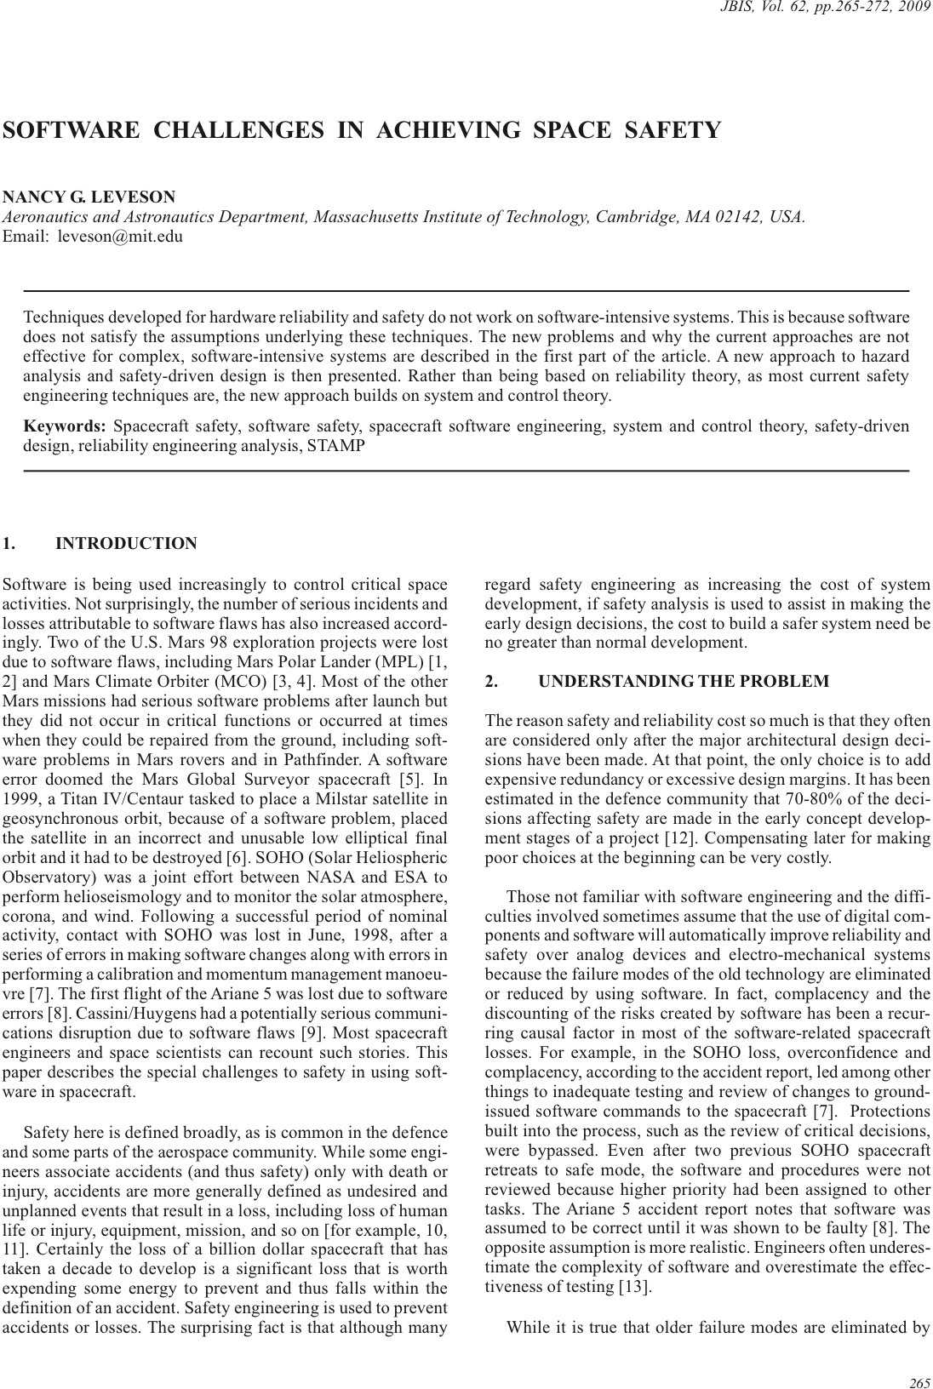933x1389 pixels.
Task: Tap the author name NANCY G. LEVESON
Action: (89, 197)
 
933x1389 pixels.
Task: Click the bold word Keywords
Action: (65, 426)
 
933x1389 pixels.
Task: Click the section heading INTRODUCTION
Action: (126, 544)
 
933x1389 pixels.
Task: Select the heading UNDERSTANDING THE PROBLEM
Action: (684, 681)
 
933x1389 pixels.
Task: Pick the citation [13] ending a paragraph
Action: (636, 1287)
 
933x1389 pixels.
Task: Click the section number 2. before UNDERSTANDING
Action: (491, 681)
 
